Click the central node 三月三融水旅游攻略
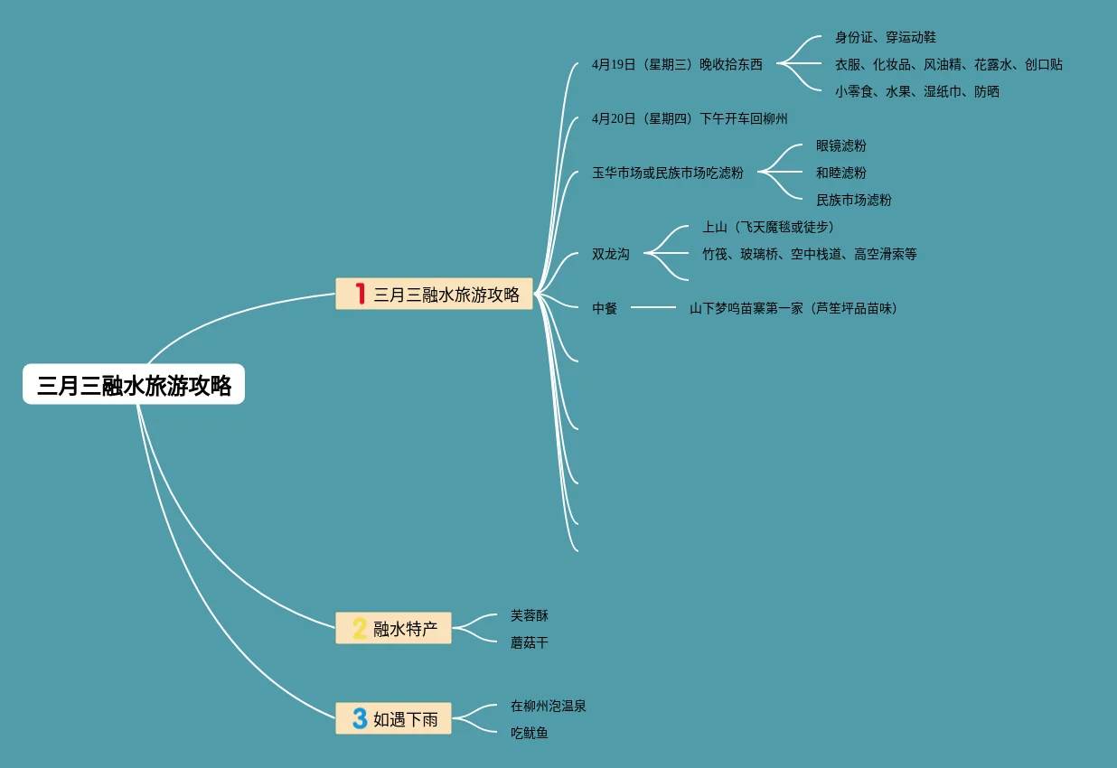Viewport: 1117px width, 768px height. point(134,385)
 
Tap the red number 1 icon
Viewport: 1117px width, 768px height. point(360,294)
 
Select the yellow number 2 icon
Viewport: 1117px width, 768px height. point(360,628)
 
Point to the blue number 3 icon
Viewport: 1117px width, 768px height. point(360,718)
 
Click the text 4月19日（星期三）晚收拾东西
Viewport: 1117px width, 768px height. point(677,64)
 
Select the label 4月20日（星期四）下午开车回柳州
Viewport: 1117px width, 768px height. point(690,118)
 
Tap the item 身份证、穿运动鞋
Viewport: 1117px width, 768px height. point(885,37)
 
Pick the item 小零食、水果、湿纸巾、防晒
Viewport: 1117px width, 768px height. point(916,91)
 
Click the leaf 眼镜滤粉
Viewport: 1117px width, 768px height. point(840,145)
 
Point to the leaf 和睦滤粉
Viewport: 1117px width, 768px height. point(840,173)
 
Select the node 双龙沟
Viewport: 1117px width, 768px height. point(610,254)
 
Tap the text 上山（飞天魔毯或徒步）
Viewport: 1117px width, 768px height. point(768,227)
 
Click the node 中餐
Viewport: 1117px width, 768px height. point(605,308)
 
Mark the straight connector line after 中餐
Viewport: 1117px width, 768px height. point(652,307)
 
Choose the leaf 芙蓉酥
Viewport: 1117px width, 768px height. point(529,615)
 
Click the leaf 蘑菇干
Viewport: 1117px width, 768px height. point(529,642)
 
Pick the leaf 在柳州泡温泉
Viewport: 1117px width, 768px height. point(548,706)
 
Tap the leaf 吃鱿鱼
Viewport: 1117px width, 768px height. point(529,733)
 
